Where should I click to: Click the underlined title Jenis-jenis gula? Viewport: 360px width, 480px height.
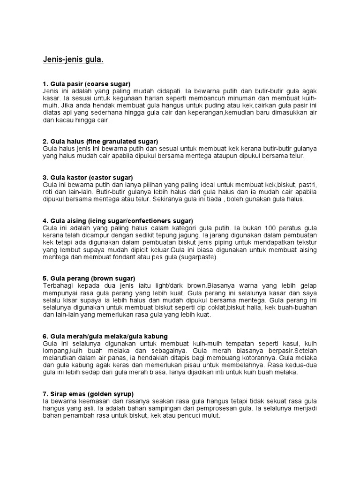point(73,60)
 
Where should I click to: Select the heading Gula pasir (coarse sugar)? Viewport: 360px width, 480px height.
point(87,83)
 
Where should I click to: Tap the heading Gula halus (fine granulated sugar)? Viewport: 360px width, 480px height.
point(100,141)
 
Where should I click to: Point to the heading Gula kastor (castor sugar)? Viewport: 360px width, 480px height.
point(88,177)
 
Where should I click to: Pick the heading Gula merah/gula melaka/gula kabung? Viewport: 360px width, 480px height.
point(105,336)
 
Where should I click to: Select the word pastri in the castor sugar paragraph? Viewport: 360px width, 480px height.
point(306,184)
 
